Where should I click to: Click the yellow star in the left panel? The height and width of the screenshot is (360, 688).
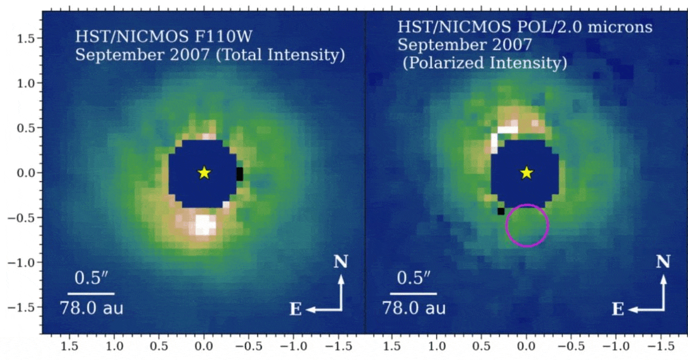(204, 173)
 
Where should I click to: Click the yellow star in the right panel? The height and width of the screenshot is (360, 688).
(526, 173)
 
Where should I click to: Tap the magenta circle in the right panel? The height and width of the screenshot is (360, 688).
(527, 225)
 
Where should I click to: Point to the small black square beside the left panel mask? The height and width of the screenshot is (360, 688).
(240, 174)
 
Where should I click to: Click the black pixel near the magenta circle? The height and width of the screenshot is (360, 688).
(501, 211)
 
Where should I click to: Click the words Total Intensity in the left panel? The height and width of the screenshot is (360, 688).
(289, 56)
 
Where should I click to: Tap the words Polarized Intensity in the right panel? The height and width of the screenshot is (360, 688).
(485, 63)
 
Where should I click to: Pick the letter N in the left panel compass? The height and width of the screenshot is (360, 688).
(341, 262)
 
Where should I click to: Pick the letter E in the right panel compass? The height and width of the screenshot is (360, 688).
(617, 310)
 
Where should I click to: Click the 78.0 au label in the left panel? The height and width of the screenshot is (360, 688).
(92, 309)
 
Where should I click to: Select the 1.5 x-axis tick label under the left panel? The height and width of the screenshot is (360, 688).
(69, 346)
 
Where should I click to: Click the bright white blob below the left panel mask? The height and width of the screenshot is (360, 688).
(205, 225)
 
